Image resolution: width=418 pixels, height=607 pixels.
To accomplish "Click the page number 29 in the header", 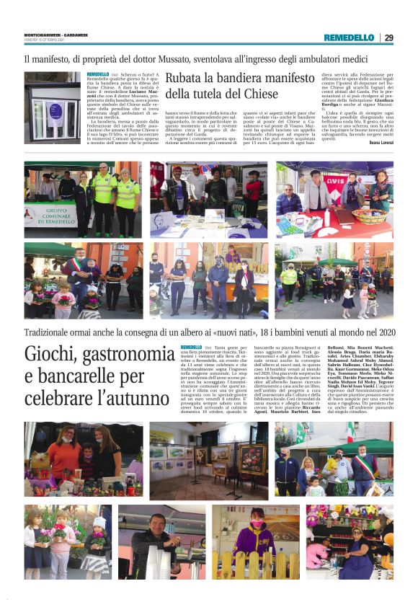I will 388,37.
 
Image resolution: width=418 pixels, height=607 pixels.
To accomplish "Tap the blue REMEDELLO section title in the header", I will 349,37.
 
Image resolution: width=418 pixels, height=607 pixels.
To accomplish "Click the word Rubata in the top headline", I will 189,78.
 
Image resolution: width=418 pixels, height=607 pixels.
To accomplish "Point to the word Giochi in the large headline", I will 53,355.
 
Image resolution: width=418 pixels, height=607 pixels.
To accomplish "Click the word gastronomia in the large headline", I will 129,355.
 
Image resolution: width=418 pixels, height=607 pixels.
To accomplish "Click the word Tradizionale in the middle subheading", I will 54,332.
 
